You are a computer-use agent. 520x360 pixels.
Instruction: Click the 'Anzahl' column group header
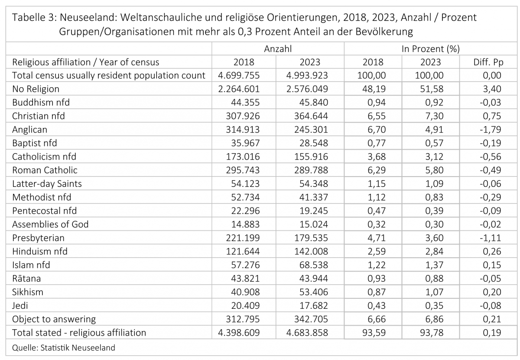278,49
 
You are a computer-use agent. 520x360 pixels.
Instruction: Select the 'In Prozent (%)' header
431,49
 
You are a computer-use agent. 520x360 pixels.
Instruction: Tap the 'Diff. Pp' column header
488,62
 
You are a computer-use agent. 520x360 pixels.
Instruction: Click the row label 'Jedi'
20,305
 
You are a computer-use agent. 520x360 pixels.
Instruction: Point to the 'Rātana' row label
26,278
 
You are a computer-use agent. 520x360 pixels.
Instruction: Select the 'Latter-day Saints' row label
47,183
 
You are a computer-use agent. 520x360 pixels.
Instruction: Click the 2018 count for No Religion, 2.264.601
239,89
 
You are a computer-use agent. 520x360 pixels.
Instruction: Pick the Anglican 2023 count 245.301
311,129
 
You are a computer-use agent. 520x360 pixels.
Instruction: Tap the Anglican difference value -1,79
490,129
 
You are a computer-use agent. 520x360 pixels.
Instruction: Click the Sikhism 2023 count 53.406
314,292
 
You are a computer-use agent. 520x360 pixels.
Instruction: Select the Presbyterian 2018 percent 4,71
377,238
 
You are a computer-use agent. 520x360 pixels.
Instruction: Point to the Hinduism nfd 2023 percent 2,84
434,251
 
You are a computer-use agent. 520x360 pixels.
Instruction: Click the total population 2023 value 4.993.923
307,75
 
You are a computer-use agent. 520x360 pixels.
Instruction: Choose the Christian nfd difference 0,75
492,116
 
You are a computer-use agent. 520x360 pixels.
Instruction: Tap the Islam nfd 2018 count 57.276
245,265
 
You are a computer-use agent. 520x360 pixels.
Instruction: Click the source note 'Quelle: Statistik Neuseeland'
64,348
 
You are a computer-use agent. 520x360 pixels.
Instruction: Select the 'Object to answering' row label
54,319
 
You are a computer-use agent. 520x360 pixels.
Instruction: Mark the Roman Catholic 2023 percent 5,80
434,170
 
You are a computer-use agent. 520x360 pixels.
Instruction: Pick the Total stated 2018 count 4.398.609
239,333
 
